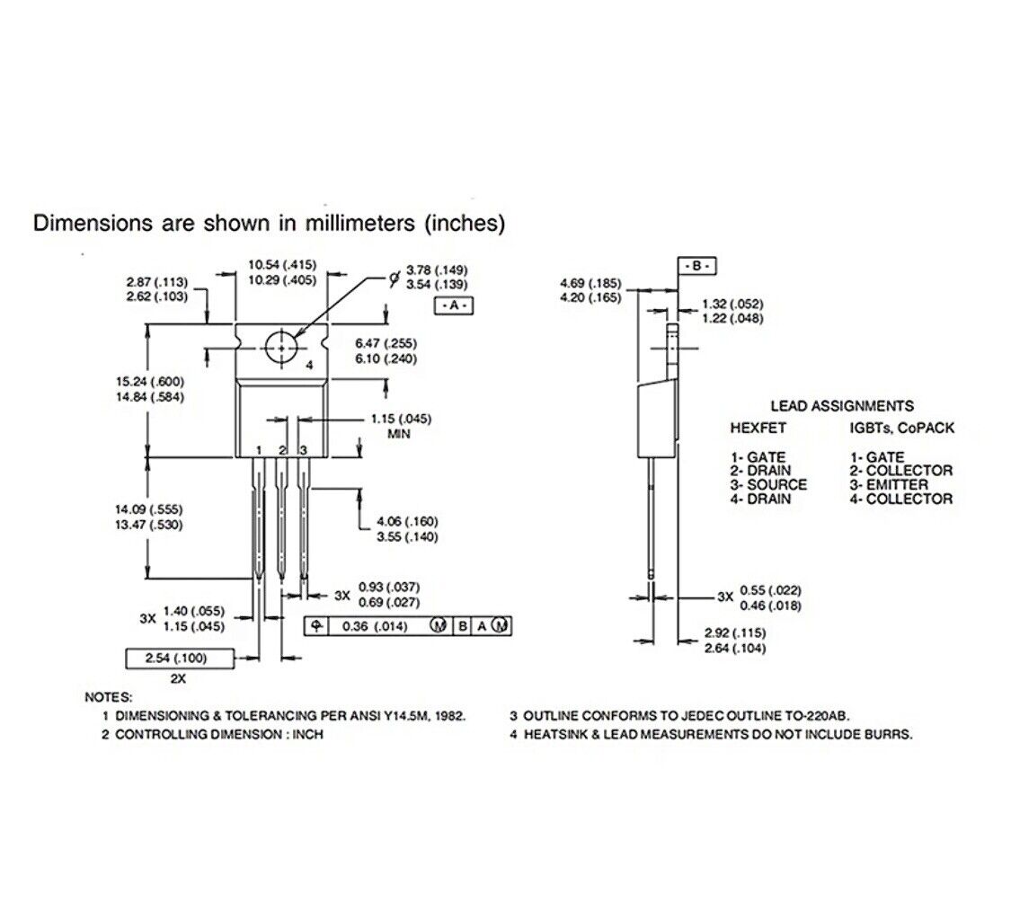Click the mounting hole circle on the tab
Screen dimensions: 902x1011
pyautogui.click(x=281, y=347)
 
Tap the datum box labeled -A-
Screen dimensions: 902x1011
pyautogui.click(x=453, y=305)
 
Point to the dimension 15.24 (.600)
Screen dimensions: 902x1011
pyautogui.click(x=149, y=382)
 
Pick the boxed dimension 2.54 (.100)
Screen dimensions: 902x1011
pyautogui.click(x=176, y=659)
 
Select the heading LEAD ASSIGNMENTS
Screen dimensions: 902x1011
pyautogui.click(x=841, y=406)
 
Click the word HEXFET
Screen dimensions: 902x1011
pyautogui.click(x=757, y=429)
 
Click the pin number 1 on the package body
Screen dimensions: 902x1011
pyautogui.click(x=258, y=449)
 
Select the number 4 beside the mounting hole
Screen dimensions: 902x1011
pyautogui.click(x=308, y=366)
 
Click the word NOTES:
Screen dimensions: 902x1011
pyautogui.click(x=109, y=697)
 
